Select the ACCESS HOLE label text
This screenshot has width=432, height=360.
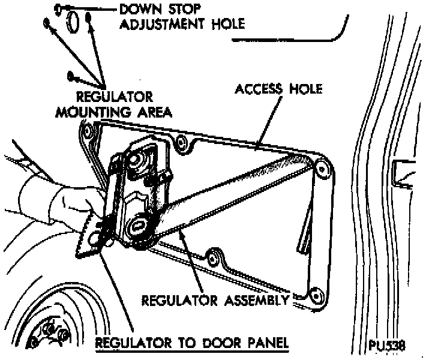coord(278,89)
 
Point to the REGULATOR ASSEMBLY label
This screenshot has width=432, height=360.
coord(215,298)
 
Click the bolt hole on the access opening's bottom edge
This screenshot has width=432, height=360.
coord(212,259)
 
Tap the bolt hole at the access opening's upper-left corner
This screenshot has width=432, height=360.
coord(89,130)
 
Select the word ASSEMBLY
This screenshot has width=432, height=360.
coord(259,298)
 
